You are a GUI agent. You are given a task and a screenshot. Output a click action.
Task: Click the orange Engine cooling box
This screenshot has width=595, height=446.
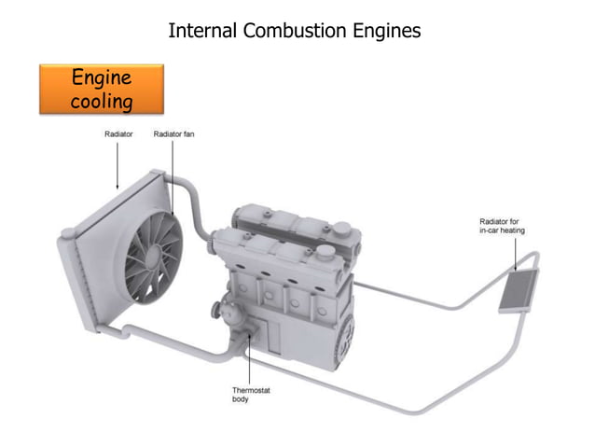[101, 89]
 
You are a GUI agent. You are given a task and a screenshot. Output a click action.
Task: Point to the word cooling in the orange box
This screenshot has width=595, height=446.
[101, 101]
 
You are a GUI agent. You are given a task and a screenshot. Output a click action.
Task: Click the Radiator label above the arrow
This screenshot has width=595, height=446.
[118, 134]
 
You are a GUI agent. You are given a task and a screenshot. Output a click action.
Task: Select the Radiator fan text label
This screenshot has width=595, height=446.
[173, 134]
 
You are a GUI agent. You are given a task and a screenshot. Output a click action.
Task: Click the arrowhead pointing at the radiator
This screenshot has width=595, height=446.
[118, 186]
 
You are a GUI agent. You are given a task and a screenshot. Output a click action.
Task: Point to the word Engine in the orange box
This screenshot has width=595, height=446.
[101, 77]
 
